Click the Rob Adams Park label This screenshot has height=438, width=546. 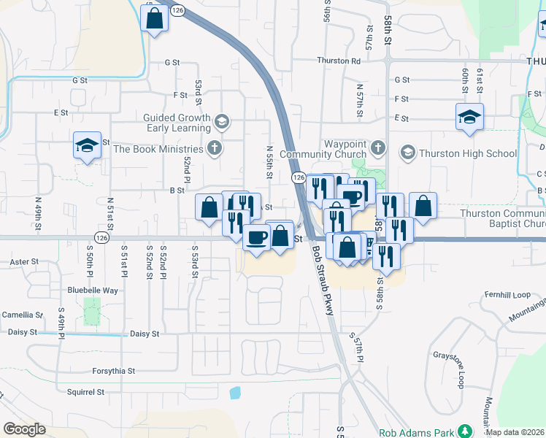click(416, 432)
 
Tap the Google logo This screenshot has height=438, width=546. click(24, 429)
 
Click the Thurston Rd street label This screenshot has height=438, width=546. click(339, 61)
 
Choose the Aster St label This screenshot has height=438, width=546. click(23, 261)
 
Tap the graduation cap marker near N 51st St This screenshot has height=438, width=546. click(87, 145)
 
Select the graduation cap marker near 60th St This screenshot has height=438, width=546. click(469, 117)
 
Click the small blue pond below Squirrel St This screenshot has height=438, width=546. click(235, 393)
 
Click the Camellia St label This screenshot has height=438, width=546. click(22, 315)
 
